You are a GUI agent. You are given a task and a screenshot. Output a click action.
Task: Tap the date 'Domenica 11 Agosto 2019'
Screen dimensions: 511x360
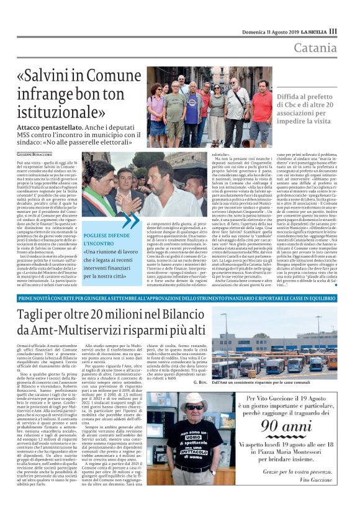(271, 30)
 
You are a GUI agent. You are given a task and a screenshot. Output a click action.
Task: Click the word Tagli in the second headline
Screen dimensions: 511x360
(37, 315)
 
